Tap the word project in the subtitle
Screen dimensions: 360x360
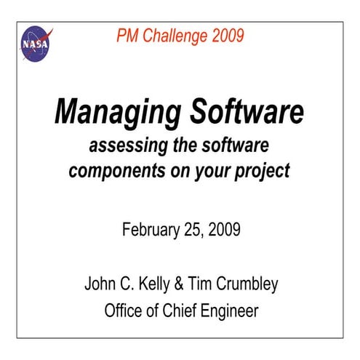(262, 172)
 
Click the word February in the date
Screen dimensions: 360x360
(148, 231)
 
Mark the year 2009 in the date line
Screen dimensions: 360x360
(223, 231)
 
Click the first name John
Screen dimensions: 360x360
(100, 284)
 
